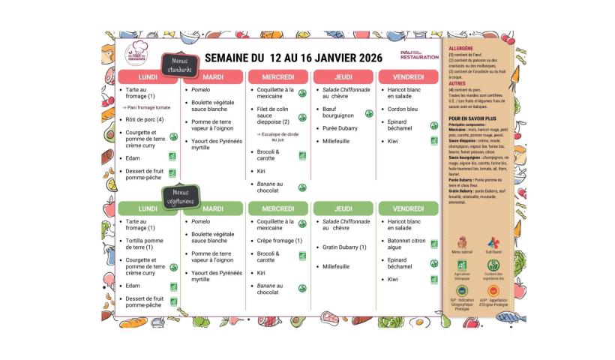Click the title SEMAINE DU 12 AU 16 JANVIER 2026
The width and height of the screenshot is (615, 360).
(x=293, y=58)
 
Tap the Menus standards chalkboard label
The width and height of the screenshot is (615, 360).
(x=181, y=65)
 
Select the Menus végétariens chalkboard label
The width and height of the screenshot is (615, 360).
(x=178, y=196)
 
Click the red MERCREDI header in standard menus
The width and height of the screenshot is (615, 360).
(x=277, y=77)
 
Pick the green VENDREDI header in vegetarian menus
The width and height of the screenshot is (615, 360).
(x=408, y=208)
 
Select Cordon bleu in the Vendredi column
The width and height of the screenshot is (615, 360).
(x=402, y=108)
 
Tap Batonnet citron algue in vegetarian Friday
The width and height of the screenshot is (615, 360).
(x=406, y=243)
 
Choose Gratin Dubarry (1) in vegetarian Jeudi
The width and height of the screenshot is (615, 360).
(x=344, y=247)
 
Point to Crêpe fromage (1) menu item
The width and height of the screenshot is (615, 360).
(x=279, y=241)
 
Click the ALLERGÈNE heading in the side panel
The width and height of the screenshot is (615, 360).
(x=462, y=49)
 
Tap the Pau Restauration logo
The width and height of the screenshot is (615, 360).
(x=419, y=55)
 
